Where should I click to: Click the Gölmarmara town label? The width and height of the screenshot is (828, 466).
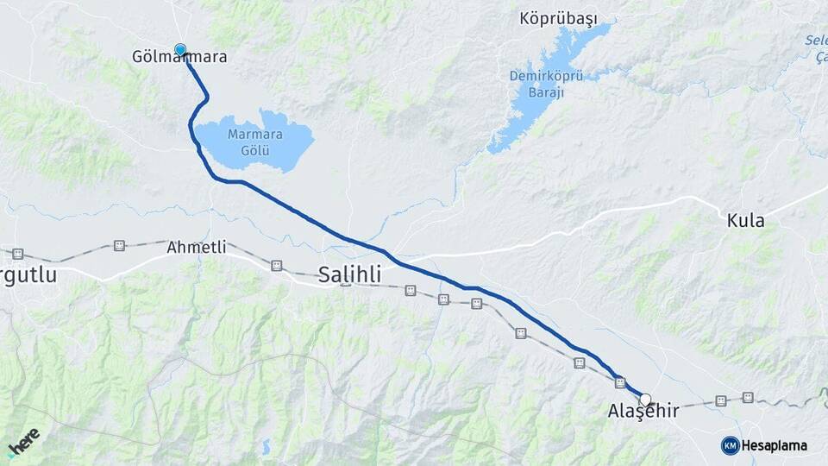[179, 58]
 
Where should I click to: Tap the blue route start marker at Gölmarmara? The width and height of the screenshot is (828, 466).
[180, 50]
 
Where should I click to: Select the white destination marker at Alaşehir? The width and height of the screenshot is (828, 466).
[645, 400]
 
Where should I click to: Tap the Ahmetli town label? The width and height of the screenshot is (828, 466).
[197, 248]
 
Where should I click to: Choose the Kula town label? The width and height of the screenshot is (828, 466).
[745, 221]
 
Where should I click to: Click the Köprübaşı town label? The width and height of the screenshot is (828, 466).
[558, 18]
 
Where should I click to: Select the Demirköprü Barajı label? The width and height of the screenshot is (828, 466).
[545, 84]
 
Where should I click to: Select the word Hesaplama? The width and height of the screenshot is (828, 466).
[775, 446]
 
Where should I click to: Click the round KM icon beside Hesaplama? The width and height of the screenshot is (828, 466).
[730, 445]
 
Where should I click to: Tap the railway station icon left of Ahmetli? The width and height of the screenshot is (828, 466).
[119, 246]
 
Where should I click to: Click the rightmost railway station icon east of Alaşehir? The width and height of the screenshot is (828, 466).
[748, 398]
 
